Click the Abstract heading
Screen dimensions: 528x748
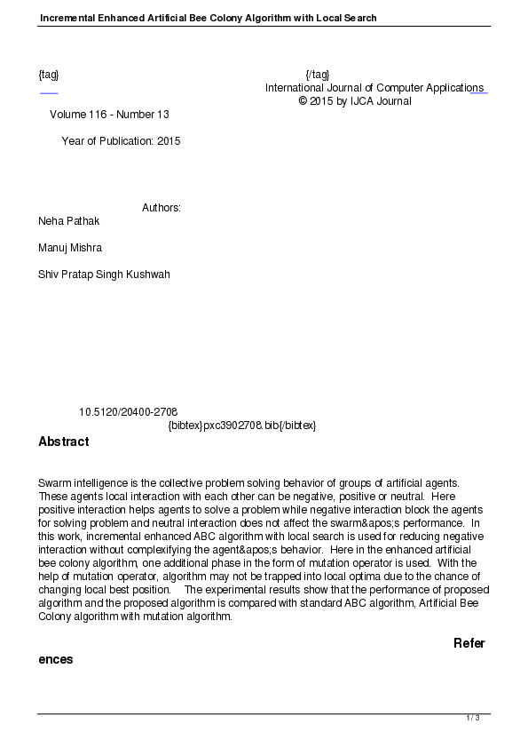pos(63,442)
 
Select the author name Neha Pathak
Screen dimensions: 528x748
pos(69,220)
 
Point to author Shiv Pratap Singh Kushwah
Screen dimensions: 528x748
pos(104,274)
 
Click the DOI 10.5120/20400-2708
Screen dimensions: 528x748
pos(128,411)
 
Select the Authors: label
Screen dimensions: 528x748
pos(162,208)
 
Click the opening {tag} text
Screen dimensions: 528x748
pos(49,74)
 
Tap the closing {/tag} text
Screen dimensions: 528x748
pos(317,74)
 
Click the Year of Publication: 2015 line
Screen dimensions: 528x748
pos(121,140)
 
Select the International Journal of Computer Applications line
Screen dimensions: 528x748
pos(374,88)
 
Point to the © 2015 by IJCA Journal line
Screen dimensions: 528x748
pos(355,101)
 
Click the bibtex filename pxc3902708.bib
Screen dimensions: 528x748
pos(242,426)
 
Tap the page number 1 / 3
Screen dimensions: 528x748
pos(473,718)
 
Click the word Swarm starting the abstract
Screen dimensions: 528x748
pos(54,482)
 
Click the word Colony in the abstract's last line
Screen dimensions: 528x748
pos(56,616)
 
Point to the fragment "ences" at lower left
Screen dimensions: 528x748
pos(55,660)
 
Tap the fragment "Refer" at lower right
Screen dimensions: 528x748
pos(469,643)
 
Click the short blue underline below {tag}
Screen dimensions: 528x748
pos(49,92)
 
